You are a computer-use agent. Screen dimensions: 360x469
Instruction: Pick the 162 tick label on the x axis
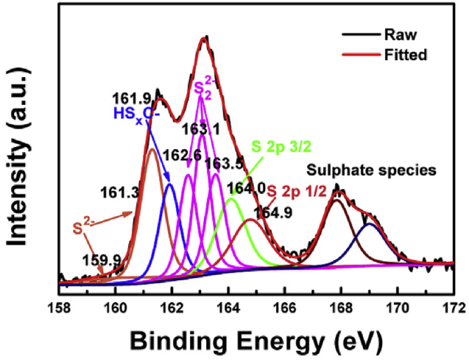(172, 307)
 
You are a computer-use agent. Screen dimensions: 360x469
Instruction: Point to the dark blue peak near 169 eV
(371, 225)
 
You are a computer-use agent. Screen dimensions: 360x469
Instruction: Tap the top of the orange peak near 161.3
(152, 149)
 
